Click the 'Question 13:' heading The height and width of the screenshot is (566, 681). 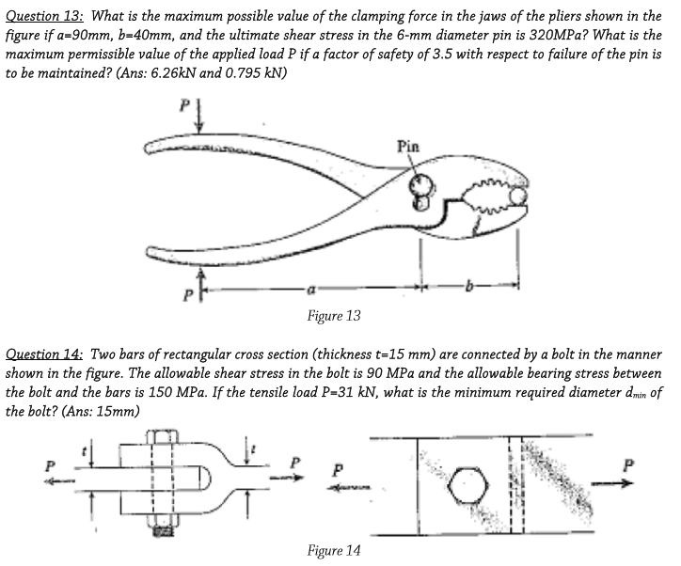(x=44, y=17)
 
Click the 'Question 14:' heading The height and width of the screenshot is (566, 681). (x=44, y=354)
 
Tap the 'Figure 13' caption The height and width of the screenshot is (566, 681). (x=334, y=316)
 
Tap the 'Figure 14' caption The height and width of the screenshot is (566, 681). (x=334, y=550)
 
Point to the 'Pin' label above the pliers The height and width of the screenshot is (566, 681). (x=408, y=147)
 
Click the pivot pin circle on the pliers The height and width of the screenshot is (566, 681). (x=420, y=184)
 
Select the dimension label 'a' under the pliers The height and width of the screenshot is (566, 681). (x=310, y=289)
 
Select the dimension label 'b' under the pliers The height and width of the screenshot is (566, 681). (x=468, y=287)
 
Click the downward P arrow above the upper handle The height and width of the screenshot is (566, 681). (x=198, y=117)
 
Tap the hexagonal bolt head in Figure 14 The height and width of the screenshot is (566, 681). (x=469, y=486)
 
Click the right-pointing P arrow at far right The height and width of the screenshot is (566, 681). (x=611, y=483)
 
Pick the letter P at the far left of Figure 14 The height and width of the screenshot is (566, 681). (x=51, y=466)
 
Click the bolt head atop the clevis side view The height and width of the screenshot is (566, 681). (x=162, y=436)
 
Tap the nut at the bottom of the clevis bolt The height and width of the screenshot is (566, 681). (x=162, y=527)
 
